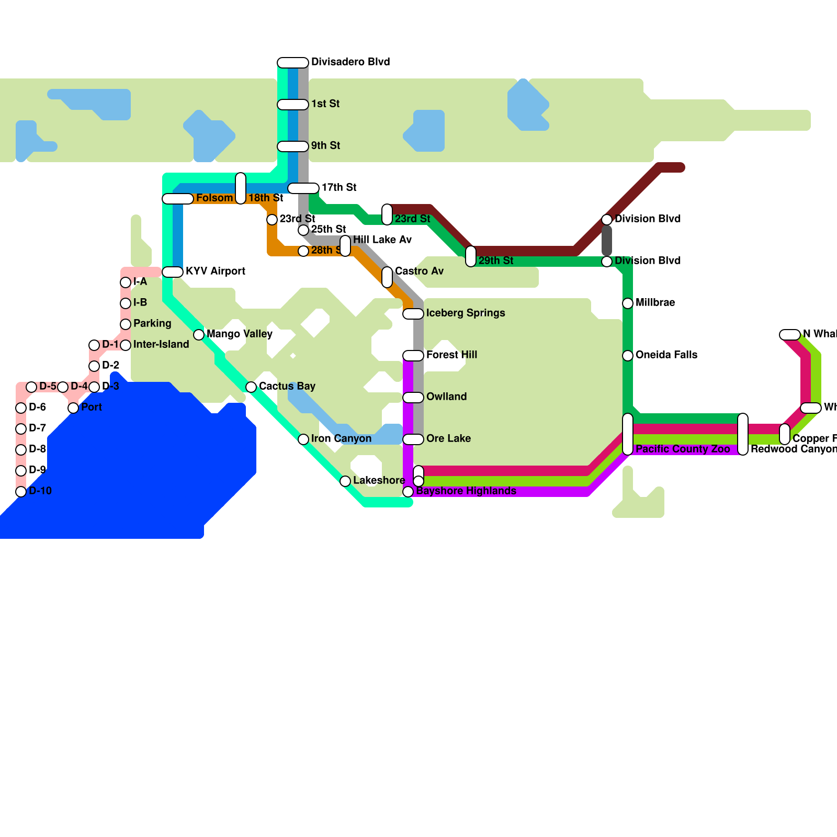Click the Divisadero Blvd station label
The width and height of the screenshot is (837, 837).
350,62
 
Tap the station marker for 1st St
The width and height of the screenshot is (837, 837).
293,105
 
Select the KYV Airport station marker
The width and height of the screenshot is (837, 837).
173,272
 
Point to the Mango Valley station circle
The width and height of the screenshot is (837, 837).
199,335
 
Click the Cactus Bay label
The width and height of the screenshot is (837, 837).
287,387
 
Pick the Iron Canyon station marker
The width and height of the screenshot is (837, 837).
303,439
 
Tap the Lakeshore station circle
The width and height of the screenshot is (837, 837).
345,481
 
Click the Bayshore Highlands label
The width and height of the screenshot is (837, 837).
466,491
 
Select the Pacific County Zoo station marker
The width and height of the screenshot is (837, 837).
628,434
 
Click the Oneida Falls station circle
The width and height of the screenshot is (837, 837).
628,356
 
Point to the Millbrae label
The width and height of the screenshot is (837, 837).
655,303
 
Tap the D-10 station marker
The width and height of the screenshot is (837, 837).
21,492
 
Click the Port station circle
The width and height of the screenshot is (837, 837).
73,408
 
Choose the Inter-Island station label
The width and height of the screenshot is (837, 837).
161,345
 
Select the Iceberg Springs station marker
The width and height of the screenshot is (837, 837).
413,314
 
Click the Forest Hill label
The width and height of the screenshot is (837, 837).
451,355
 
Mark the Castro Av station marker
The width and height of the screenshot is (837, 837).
387,277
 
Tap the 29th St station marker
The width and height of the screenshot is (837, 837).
471,256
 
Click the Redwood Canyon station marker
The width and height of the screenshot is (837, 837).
743,434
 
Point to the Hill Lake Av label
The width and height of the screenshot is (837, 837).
382,240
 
